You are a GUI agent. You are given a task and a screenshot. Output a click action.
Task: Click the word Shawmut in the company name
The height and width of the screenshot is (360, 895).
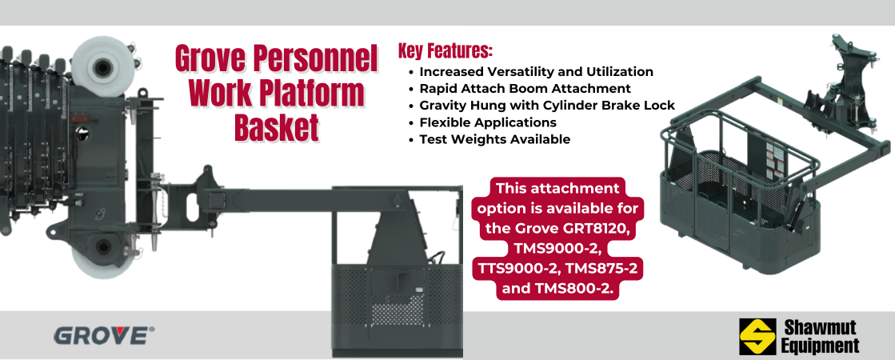point(820,328)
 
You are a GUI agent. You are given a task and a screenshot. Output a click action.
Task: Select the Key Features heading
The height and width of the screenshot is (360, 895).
point(445,52)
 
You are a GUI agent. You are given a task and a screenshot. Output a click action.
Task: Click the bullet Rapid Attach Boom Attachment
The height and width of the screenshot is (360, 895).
point(525,89)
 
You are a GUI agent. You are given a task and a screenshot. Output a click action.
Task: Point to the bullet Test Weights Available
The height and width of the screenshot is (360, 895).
point(494,139)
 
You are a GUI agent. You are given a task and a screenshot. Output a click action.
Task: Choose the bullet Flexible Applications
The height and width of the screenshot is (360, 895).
point(488,122)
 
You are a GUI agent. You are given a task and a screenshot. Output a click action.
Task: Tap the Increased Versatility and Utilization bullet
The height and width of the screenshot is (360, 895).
point(536,72)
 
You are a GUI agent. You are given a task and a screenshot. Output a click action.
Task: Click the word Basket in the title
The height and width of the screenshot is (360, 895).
point(276,127)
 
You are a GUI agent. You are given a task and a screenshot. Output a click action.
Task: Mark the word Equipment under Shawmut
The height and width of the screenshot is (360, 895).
point(820,346)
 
